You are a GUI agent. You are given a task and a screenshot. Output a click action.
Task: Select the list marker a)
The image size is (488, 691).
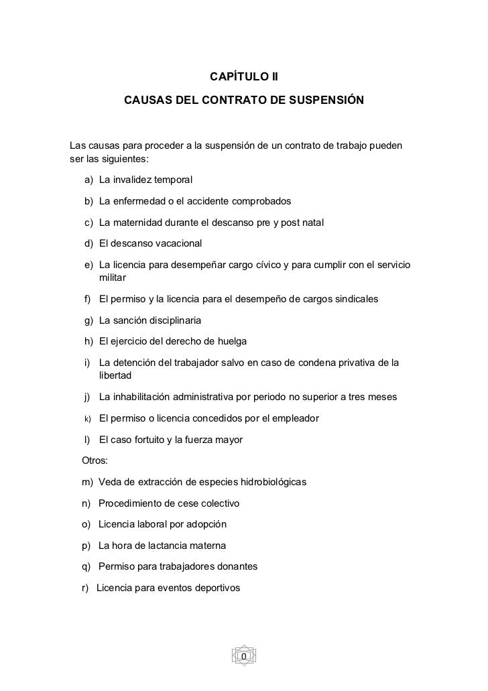(x=89, y=180)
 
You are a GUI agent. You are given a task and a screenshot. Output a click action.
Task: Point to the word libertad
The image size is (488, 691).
(x=116, y=376)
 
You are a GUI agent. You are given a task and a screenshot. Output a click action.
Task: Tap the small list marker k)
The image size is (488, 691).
(x=87, y=419)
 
